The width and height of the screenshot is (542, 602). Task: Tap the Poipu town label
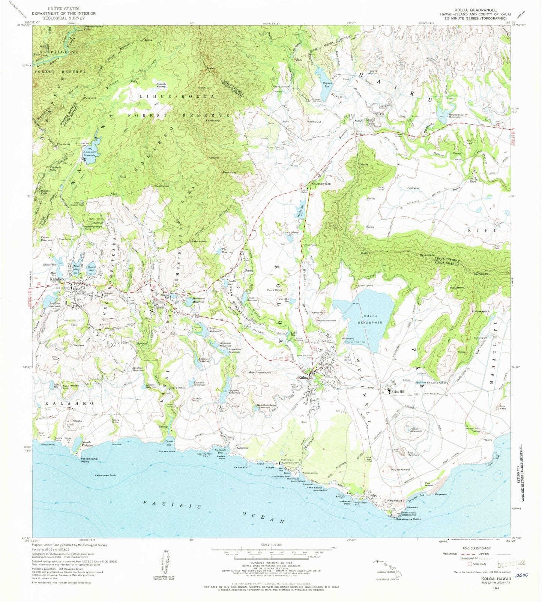point(373,495)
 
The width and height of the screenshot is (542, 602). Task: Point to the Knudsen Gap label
point(320,184)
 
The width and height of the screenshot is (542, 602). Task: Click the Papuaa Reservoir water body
point(321,74)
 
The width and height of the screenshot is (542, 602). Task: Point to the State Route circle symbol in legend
point(469,564)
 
